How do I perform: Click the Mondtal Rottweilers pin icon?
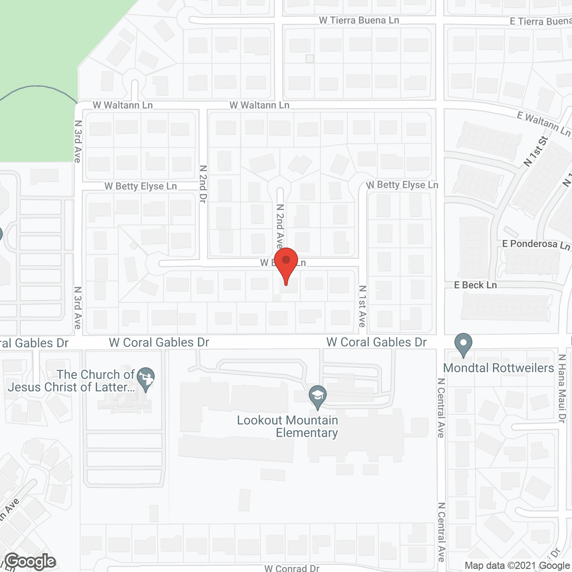[x=463, y=345]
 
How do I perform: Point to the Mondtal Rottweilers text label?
[x=498, y=368]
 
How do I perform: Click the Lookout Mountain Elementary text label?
[x=287, y=426]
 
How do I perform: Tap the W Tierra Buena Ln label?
[x=359, y=20]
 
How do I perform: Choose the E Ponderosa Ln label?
[x=536, y=244]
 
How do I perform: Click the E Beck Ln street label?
[x=475, y=285]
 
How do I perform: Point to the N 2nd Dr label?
[x=203, y=184]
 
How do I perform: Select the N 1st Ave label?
[x=362, y=307]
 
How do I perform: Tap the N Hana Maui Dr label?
[x=562, y=388]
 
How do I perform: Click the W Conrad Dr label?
[x=292, y=568]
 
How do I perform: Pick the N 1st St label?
[x=535, y=151]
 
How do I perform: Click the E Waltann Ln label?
[x=543, y=123]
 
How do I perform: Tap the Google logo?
[x=30, y=561]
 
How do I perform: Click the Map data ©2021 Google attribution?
[x=517, y=566]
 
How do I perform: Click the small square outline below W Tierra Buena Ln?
[x=310, y=59]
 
